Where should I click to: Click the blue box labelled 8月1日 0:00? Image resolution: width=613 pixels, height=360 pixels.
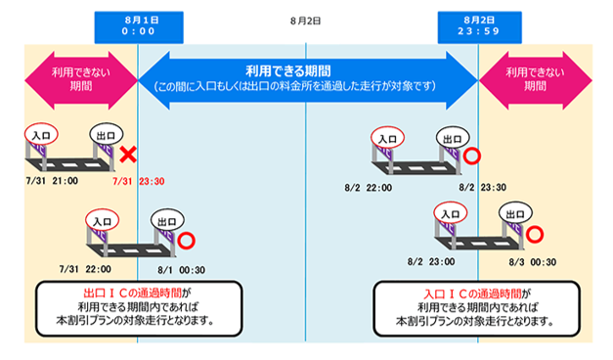[x=139, y=27]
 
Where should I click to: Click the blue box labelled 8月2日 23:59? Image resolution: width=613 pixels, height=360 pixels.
[x=479, y=27]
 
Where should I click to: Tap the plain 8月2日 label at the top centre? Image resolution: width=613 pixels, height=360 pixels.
[x=305, y=21]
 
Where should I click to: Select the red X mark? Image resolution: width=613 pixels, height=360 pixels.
[x=128, y=155]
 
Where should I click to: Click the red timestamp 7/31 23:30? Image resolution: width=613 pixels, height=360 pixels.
[x=139, y=181]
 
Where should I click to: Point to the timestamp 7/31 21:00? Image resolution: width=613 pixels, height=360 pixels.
[x=52, y=181]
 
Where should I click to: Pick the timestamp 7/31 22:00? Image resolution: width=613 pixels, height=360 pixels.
[x=85, y=269]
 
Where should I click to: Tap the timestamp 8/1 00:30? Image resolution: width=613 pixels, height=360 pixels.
[x=182, y=270]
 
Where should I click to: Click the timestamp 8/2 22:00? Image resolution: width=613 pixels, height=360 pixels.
[x=368, y=188]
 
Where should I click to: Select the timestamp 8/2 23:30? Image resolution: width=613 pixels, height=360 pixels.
[x=482, y=188]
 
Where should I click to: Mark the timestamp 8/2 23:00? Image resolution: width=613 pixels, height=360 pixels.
[x=431, y=262]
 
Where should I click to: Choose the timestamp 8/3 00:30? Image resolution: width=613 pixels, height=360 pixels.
[x=533, y=262]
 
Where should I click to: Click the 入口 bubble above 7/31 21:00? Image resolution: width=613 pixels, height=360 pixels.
[x=41, y=135]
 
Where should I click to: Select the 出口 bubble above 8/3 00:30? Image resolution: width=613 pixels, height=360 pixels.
[x=515, y=213]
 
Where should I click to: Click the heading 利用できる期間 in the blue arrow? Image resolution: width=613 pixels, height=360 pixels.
[x=288, y=71]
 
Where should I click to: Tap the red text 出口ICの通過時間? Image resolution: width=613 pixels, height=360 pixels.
[x=133, y=293]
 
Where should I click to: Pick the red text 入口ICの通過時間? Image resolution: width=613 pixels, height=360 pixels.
[x=472, y=293]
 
